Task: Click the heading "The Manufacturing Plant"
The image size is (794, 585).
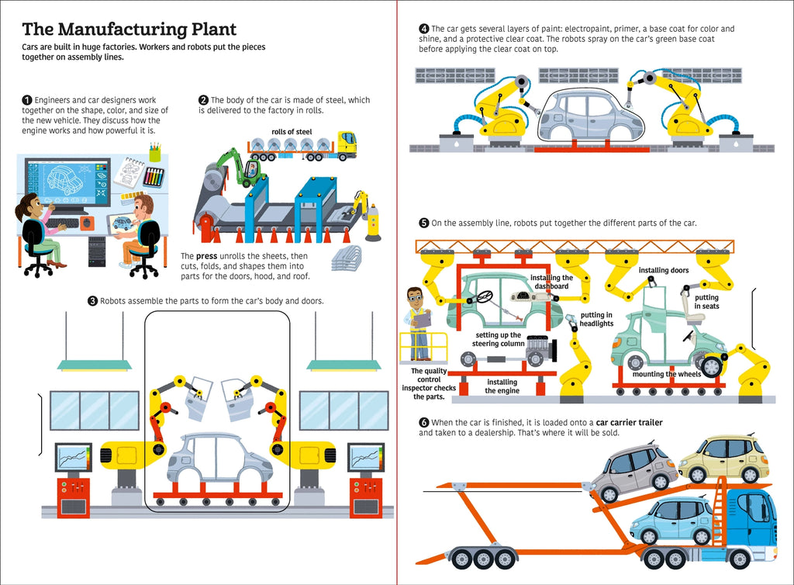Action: (x=129, y=30)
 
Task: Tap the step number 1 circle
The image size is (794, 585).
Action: (x=27, y=100)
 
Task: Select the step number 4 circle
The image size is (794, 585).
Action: (x=424, y=29)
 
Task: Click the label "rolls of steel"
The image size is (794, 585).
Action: (x=292, y=132)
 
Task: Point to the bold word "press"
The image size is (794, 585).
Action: (x=205, y=255)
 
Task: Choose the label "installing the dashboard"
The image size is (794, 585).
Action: (x=551, y=282)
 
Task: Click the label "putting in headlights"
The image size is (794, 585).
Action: (x=596, y=319)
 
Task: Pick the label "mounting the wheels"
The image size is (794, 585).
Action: (x=667, y=375)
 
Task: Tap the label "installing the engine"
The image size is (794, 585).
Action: (x=502, y=386)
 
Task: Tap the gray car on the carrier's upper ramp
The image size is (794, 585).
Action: (x=630, y=471)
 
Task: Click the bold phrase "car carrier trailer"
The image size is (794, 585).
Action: (x=629, y=423)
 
